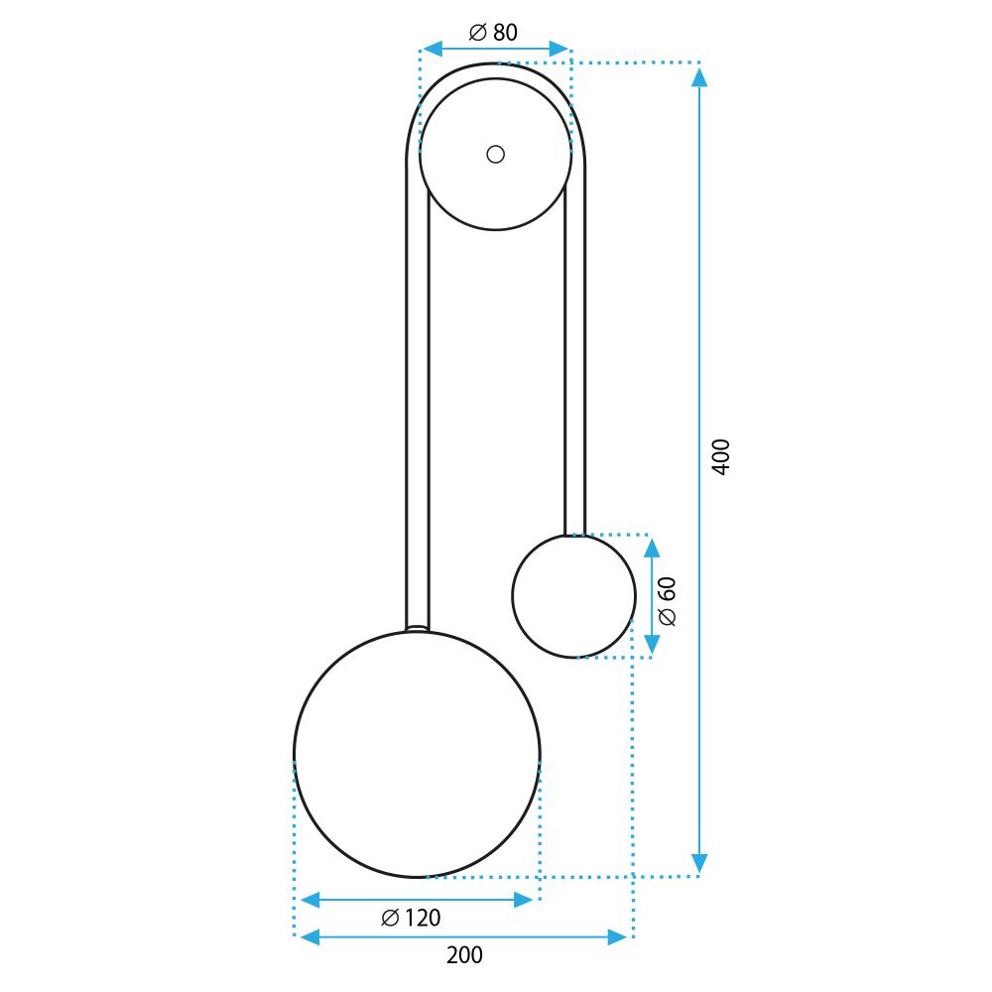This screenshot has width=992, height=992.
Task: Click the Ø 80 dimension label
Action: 493,33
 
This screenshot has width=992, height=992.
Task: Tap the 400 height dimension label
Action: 721,456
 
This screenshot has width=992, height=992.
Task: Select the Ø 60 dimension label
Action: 667,601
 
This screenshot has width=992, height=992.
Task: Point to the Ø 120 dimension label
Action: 411,919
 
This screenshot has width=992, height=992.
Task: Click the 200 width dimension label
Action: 464,955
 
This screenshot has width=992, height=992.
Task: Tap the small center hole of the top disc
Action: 496,154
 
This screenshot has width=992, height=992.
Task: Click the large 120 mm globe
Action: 417,755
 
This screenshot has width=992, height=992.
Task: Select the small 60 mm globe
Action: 573,596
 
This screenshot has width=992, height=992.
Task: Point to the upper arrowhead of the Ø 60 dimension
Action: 652,548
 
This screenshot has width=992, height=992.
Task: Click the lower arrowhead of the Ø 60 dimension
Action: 652,645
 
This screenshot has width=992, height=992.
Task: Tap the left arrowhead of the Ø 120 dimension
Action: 310,900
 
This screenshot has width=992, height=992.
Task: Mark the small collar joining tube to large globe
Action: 418,628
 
